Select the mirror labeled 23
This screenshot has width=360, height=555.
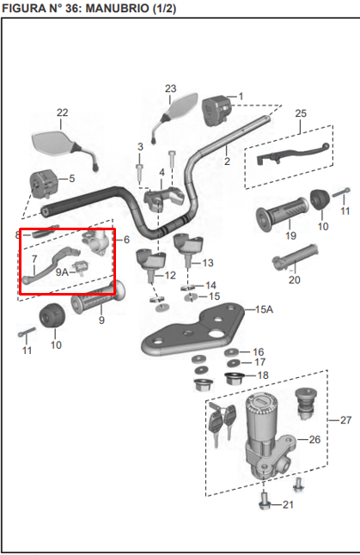[180, 109]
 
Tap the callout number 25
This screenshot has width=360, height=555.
[300, 113]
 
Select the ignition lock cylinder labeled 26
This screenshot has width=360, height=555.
[262, 430]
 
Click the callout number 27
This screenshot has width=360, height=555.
[345, 420]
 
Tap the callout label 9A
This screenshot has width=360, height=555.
[61, 271]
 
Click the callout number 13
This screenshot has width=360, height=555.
[208, 262]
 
